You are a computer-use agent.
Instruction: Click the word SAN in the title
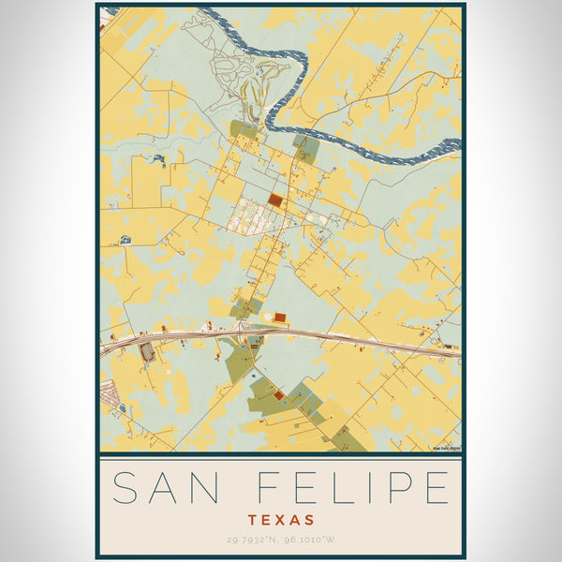[x=167, y=488]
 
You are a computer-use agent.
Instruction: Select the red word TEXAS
[x=281, y=518]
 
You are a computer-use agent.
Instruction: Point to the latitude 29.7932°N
[x=250, y=538]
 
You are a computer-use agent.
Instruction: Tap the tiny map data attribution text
[x=446, y=448]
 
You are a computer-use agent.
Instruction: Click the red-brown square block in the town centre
[x=274, y=200]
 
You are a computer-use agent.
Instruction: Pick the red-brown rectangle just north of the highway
[x=279, y=318]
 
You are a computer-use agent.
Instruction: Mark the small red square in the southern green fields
[x=278, y=396]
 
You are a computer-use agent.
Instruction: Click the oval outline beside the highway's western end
[x=146, y=352]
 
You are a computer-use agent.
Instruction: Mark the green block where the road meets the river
[x=305, y=146]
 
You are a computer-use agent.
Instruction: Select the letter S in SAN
[x=123, y=488]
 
